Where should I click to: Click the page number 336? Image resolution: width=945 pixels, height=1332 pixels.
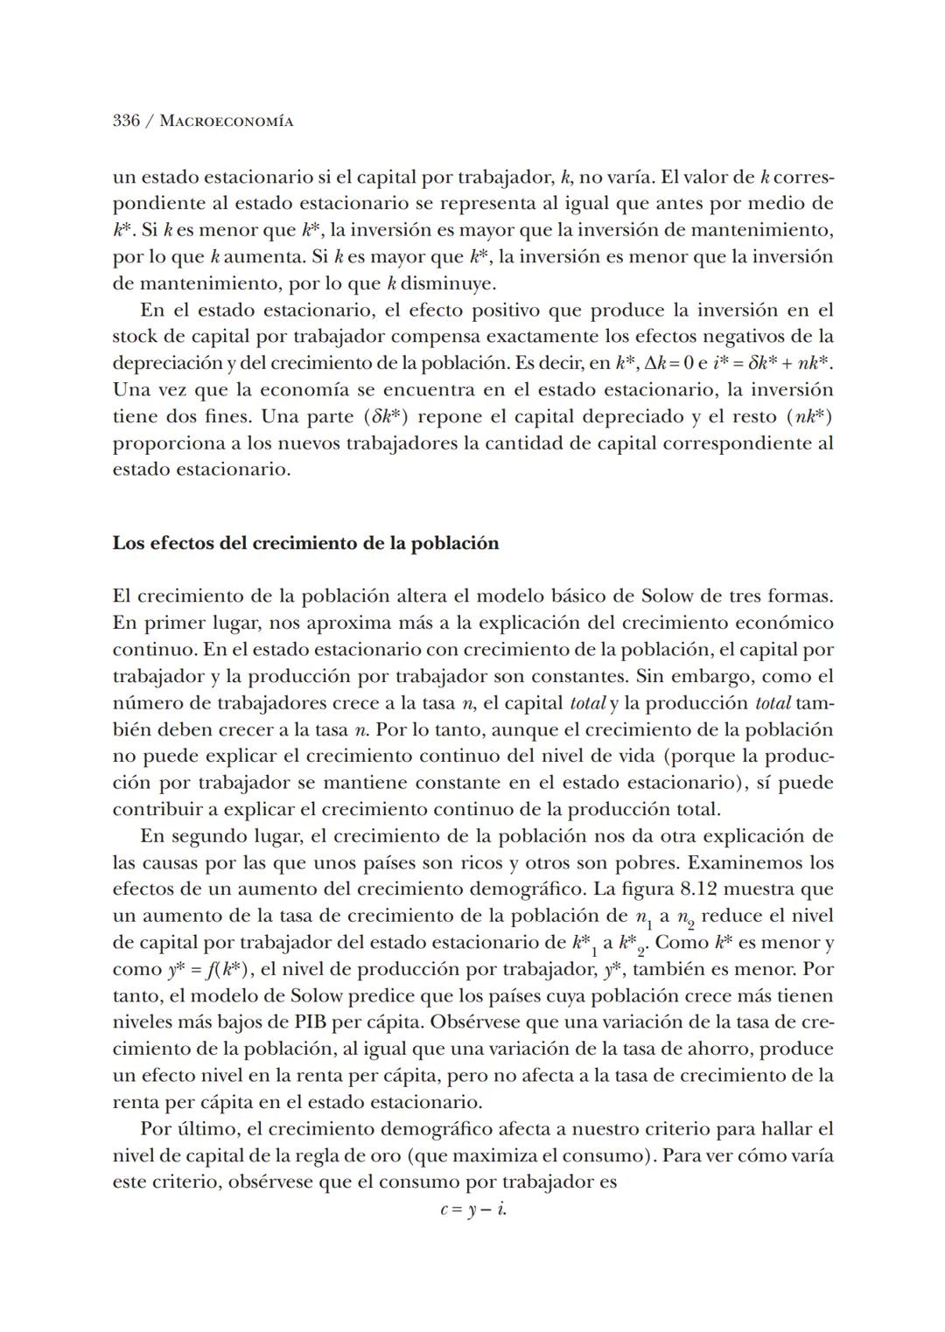tap(126, 121)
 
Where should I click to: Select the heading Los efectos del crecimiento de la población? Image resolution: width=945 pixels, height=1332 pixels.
tap(305, 543)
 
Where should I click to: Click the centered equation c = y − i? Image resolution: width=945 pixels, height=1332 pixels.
tap(473, 1210)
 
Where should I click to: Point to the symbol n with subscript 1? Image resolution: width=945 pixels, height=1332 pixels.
tap(644, 917)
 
